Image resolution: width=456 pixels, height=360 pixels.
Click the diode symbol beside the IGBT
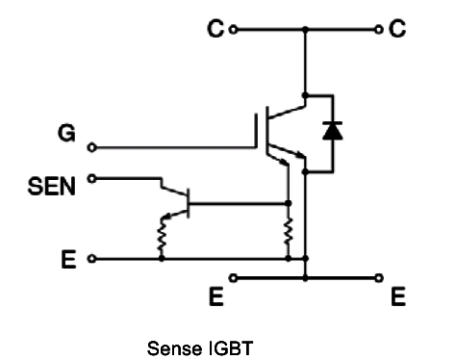[332, 132]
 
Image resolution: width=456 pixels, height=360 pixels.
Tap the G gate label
[66, 134]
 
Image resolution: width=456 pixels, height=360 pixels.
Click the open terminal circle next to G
[91, 147]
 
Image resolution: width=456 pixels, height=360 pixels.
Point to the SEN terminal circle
[91, 177]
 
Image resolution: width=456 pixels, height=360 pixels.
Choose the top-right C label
[397, 30]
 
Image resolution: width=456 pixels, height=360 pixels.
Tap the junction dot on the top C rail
[306, 30]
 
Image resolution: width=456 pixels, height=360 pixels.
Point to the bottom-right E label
[397, 298]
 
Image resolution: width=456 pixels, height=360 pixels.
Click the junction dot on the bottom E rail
[306, 278]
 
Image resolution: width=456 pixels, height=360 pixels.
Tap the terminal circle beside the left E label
[91, 258]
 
